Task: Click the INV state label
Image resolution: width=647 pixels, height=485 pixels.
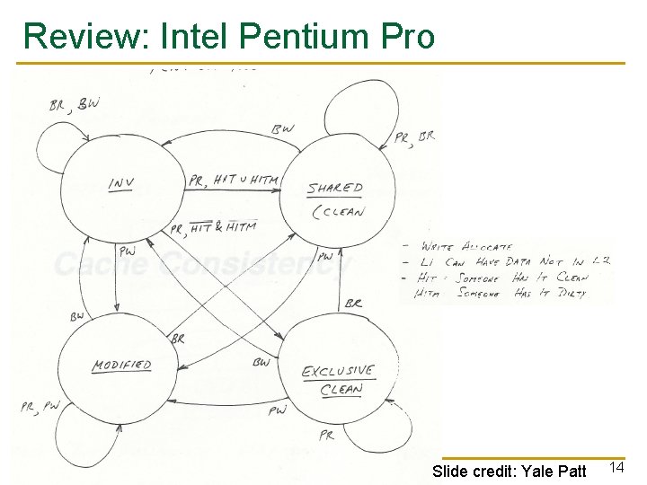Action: [121, 183]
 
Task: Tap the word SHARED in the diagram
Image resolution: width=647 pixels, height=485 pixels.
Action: [335, 189]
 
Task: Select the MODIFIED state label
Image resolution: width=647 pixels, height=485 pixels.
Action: [121, 366]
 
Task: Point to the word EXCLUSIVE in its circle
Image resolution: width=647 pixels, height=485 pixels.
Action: [338, 372]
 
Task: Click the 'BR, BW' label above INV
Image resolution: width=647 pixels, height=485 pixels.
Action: [75, 105]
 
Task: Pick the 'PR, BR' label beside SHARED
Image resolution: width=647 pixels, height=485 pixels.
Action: [414, 137]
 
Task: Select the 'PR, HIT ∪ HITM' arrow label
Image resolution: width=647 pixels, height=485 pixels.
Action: [233, 180]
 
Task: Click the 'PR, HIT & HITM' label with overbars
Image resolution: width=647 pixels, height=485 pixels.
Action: [213, 229]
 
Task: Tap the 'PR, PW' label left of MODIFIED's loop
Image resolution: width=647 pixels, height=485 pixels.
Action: [40, 407]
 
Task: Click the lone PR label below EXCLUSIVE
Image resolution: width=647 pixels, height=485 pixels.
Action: [325, 435]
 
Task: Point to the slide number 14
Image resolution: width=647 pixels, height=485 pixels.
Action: [616, 467]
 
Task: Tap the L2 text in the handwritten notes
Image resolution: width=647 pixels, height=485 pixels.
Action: [601, 260]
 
